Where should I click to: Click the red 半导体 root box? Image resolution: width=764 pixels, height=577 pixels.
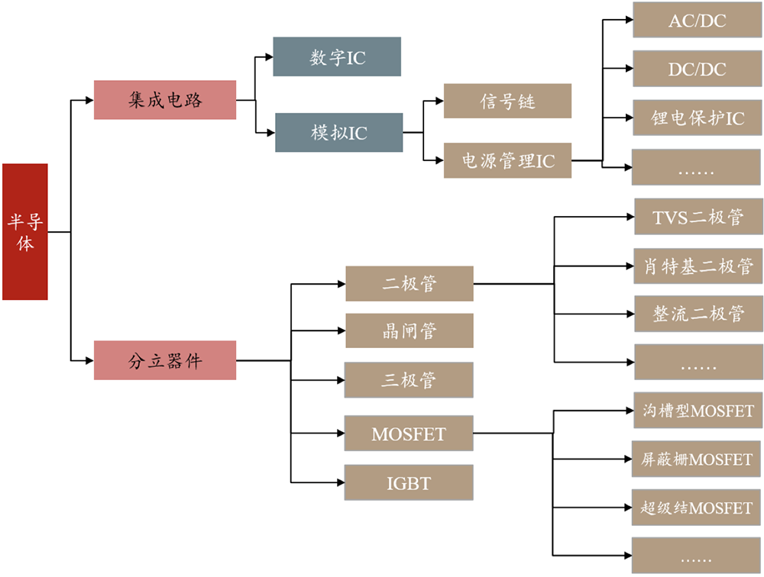25,231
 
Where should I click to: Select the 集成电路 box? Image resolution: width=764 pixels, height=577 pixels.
165,100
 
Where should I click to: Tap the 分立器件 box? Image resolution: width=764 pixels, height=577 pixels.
165,360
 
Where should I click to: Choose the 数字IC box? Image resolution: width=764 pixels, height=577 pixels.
337,57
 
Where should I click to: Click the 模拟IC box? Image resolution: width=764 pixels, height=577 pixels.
338,133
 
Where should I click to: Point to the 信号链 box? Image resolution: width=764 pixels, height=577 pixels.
507,101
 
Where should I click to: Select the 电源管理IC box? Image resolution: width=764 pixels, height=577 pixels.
507,160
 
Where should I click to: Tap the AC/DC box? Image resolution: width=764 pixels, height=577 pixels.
697,20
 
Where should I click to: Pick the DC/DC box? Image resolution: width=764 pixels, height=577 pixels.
697,69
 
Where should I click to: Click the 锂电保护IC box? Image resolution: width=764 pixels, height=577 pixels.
697,118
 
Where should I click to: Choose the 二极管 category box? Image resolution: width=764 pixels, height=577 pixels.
410,284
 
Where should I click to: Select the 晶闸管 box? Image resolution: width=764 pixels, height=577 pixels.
410,331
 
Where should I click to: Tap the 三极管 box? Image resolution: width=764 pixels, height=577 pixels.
410,379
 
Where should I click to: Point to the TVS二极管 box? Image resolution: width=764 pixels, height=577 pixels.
698,218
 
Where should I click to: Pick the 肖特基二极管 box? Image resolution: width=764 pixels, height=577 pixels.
698,266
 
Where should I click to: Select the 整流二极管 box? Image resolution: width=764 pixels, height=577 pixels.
698,314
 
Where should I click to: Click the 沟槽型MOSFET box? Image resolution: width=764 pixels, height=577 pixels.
698,411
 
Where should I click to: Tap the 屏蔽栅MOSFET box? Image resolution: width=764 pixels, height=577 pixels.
697,459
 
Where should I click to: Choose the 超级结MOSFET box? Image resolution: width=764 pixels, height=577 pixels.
697,508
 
